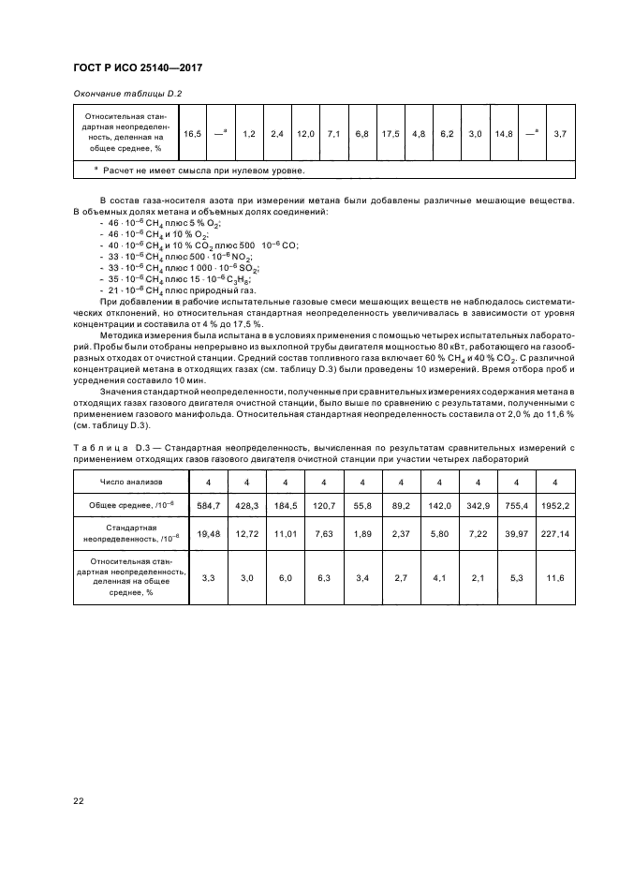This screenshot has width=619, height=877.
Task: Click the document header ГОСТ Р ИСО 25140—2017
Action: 138,68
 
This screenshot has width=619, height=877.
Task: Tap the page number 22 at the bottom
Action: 80,799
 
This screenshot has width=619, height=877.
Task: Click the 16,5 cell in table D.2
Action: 192,135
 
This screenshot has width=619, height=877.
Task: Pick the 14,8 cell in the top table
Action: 503,135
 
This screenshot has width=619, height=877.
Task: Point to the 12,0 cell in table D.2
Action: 305,135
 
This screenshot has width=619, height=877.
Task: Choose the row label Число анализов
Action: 131,482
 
